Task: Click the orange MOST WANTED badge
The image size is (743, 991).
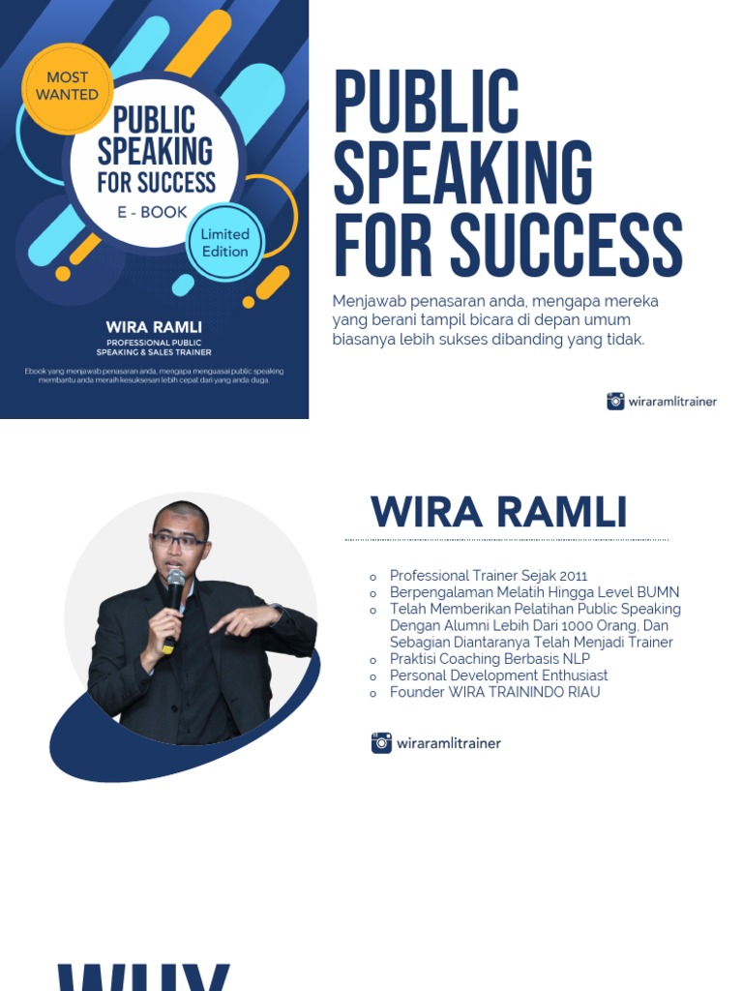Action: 67,86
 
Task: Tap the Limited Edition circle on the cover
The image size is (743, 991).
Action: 224,243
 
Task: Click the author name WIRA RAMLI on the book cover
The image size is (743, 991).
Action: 154,328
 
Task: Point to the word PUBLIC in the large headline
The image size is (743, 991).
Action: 427,102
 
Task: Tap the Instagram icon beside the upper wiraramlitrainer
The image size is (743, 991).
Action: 615,401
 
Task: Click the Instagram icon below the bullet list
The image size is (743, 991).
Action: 381,743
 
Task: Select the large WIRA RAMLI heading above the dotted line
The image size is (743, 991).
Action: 498,512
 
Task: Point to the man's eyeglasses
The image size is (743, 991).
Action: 178,540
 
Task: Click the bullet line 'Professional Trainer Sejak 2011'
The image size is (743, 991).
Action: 489,576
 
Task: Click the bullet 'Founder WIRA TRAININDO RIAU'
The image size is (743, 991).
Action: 494,692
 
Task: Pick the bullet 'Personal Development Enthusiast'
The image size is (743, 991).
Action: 498,676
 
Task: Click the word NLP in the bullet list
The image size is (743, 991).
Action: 575,659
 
